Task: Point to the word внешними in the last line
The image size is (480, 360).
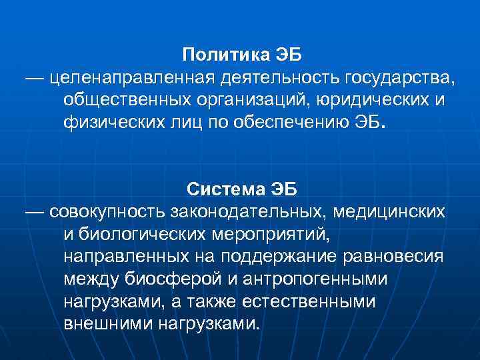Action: pos(109,325)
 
